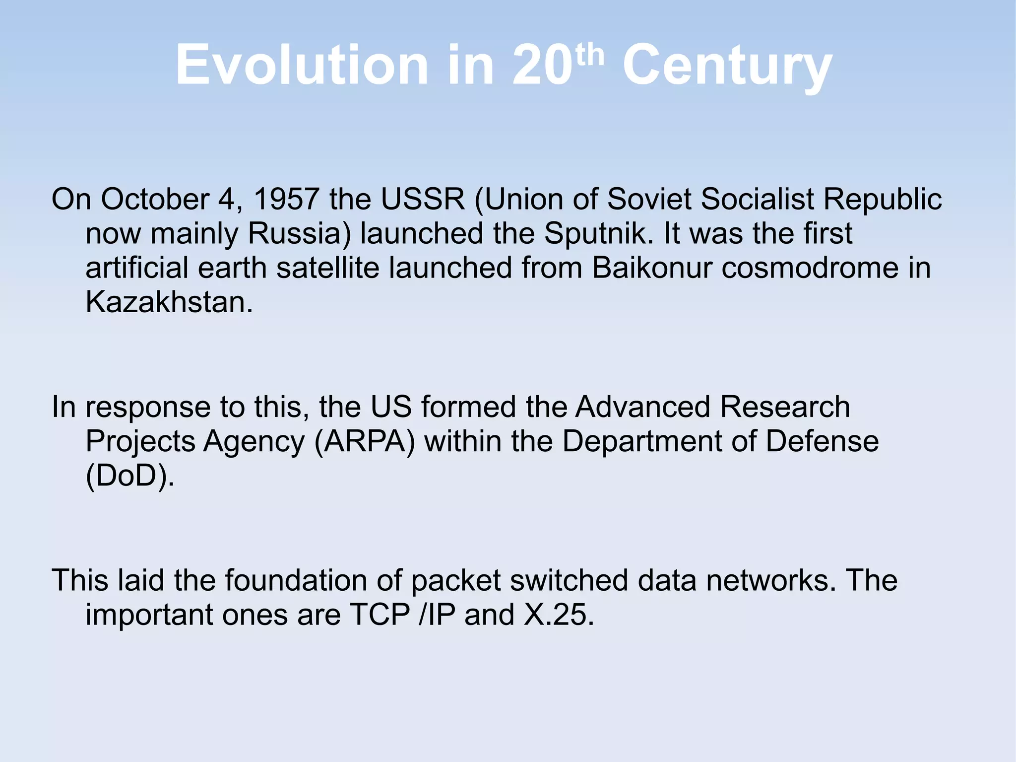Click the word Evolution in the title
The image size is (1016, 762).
(x=302, y=66)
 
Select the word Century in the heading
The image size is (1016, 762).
(x=727, y=67)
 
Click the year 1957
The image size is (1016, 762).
(x=286, y=199)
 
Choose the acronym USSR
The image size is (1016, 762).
(x=423, y=199)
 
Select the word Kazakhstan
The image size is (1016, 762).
(x=169, y=302)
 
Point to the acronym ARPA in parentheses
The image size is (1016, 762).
(x=365, y=441)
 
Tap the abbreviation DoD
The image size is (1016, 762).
(x=130, y=476)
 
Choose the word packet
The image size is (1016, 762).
(x=456, y=580)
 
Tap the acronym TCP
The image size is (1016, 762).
(x=380, y=615)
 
